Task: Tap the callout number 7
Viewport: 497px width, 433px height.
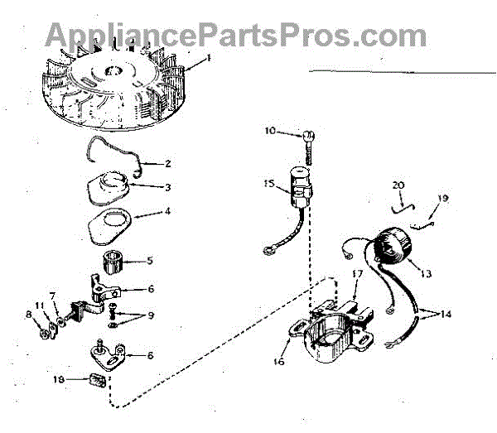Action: (52, 296)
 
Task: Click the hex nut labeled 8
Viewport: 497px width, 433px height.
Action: (39, 334)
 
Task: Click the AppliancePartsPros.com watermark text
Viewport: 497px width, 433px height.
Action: (236, 35)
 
